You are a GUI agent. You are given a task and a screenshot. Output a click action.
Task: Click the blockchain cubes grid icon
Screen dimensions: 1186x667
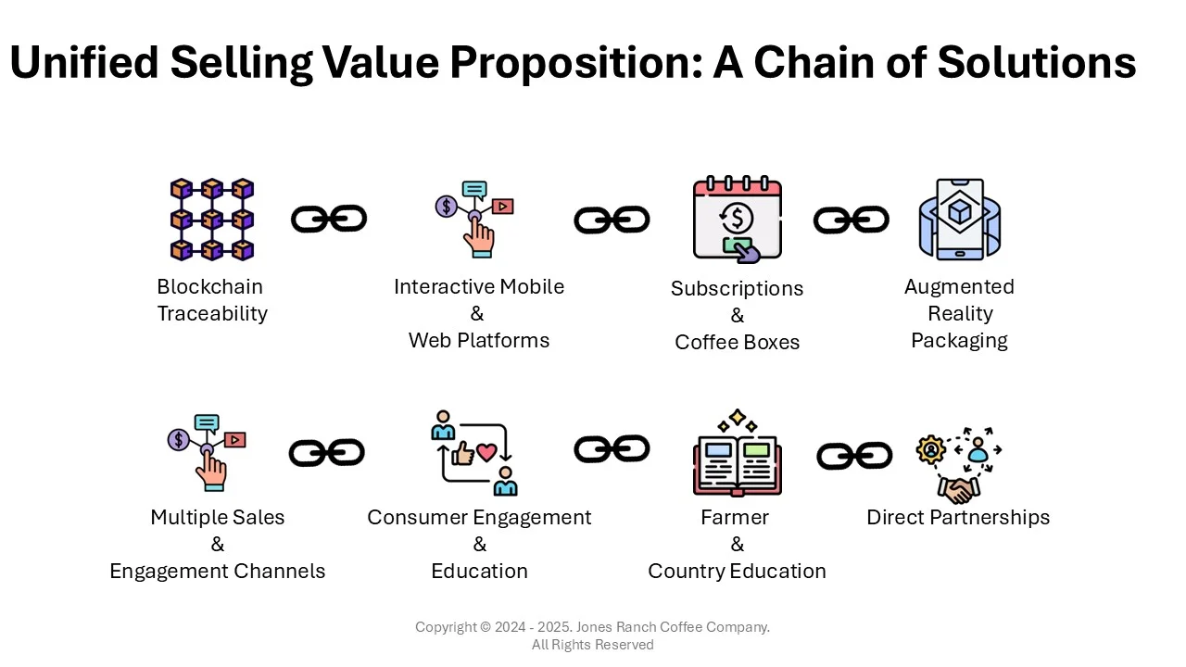tap(212, 220)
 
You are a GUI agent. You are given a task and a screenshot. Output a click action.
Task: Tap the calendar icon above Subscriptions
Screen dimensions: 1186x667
tap(737, 219)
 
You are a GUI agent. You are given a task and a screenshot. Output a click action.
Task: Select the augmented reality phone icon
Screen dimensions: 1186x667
tap(959, 220)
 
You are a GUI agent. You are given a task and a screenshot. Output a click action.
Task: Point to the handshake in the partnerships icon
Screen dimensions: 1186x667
tap(958, 490)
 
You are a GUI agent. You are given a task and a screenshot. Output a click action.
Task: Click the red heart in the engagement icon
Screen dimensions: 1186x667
tap(486, 452)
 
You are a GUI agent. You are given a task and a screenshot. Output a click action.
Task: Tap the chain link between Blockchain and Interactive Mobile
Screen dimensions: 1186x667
tap(329, 219)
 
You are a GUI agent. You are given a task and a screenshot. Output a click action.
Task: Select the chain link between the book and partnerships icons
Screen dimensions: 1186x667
tap(854, 456)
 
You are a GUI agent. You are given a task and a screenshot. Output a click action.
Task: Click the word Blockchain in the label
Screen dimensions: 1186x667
tap(209, 287)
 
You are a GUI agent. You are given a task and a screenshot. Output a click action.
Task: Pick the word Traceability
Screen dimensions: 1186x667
tap(212, 314)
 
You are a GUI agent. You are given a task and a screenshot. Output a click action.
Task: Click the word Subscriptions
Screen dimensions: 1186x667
tap(737, 289)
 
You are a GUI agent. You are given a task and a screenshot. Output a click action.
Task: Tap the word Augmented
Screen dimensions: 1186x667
tap(959, 287)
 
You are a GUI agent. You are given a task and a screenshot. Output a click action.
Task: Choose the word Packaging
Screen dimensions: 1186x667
tap(959, 341)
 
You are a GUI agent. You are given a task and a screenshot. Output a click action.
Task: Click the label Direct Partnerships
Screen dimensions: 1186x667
tap(958, 518)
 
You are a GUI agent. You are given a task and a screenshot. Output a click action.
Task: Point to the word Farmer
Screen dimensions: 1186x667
tap(735, 518)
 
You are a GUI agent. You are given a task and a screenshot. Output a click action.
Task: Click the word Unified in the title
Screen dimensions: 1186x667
tap(84, 62)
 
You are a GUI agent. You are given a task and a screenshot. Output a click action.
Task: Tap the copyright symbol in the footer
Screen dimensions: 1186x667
tap(486, 627)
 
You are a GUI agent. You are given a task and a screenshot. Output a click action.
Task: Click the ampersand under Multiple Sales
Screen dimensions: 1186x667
tap(218, 544)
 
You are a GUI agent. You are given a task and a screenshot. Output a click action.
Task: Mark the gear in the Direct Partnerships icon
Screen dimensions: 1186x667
tap(931, 450)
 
